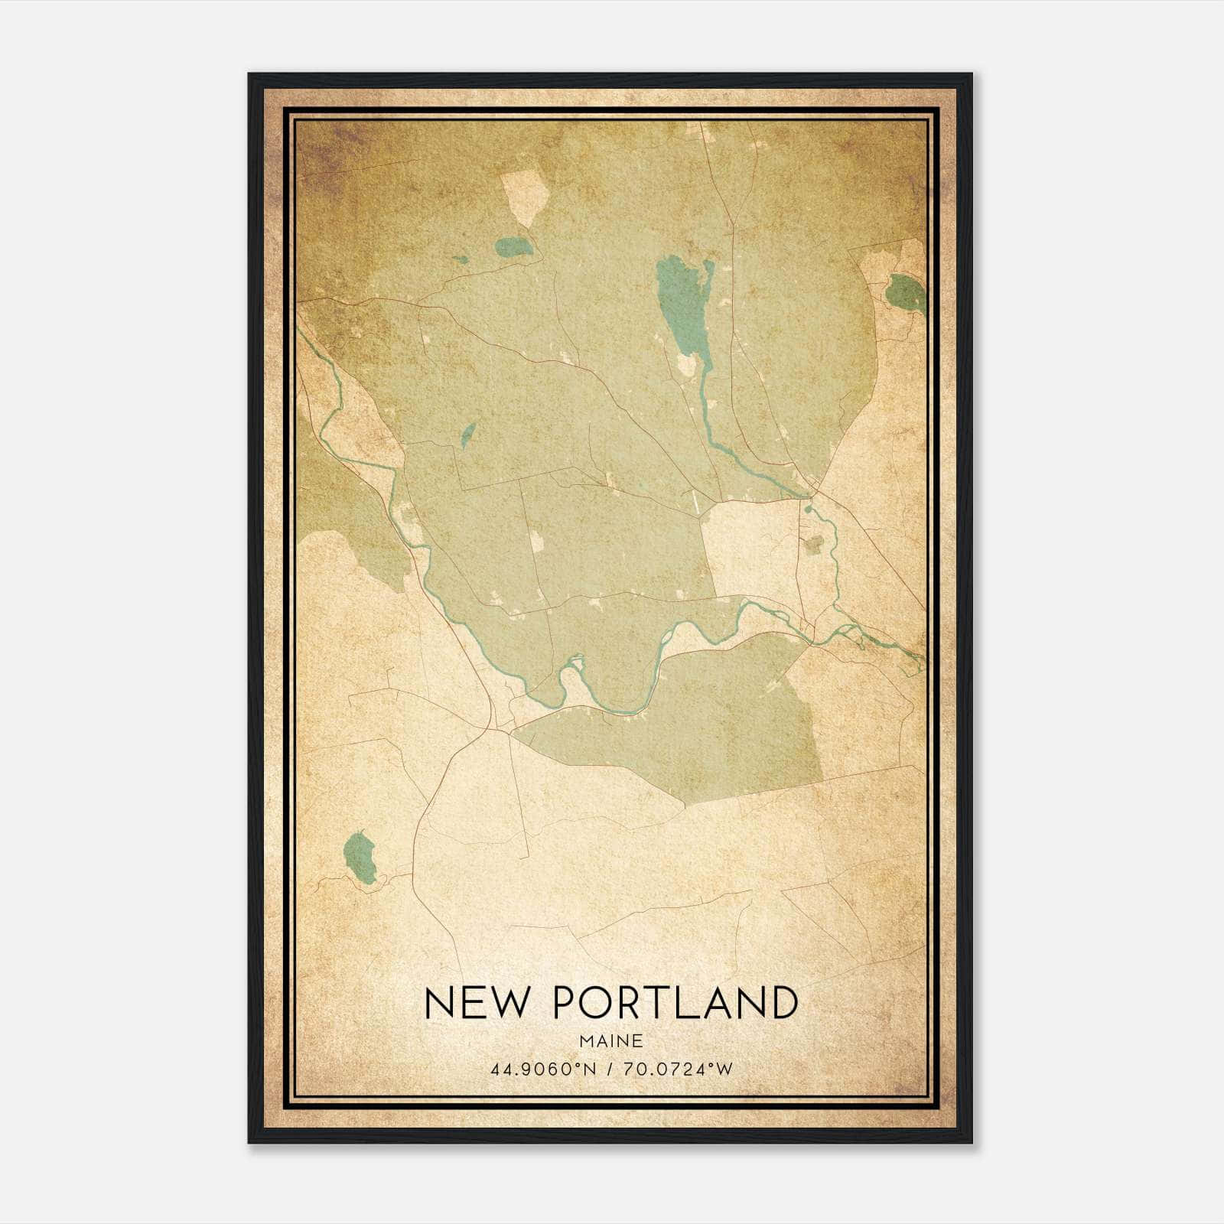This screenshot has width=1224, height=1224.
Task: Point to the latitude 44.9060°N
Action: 543,1069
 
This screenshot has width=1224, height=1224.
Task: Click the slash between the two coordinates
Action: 610,1069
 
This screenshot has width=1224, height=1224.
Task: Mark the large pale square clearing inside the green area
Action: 747,546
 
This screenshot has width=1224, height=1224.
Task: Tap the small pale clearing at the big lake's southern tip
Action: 686,365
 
